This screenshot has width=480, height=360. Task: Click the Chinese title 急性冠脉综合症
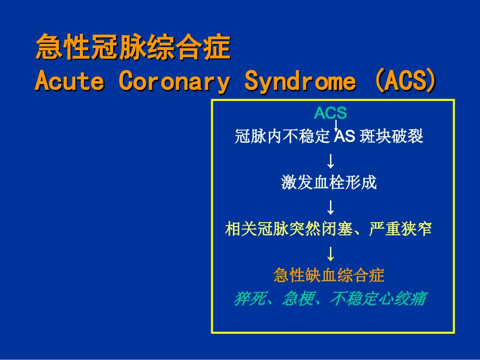pos(133,47)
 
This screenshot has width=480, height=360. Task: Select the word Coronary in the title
pos(174,82)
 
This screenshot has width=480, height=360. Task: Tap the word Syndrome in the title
pos(300,82)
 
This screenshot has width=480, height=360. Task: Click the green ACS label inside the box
pos(330,113)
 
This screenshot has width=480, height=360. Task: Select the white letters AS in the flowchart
pos(345,136)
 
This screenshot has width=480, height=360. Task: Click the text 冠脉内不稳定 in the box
pos(282,136)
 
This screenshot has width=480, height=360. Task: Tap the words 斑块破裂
pos(392,136)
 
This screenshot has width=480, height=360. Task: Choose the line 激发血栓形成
pos(329,183)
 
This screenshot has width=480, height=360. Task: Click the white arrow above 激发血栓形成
pos(330,161)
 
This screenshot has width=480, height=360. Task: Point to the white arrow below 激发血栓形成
pos(330,208)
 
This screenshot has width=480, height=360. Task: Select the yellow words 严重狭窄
pos(400,229)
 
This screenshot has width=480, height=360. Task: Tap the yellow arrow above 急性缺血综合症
pos(330,254)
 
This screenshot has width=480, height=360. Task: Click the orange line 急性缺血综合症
pos(329,275)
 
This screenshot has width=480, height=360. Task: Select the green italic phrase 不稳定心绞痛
pos(378,298)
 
